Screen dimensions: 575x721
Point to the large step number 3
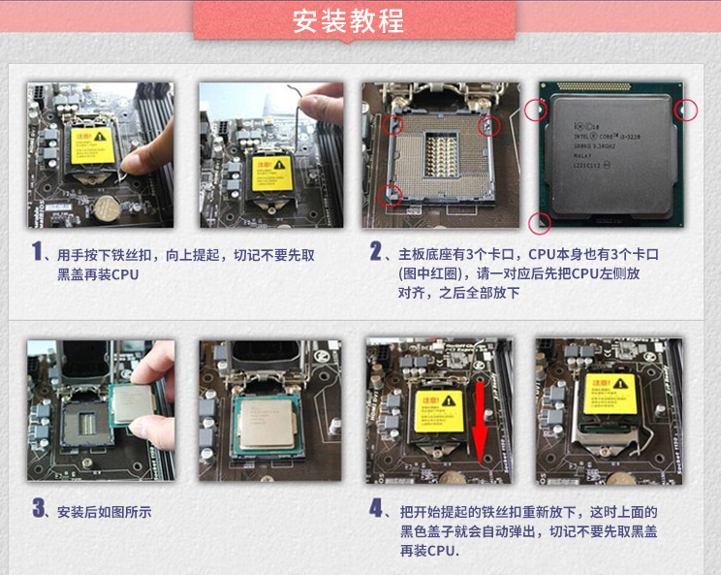(39, 507)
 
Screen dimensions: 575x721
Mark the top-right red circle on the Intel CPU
(686, 110)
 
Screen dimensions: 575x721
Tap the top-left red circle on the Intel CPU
(536, 110)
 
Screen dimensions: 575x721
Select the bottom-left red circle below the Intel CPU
(539, 224)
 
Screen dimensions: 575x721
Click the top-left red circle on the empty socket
(392, 124)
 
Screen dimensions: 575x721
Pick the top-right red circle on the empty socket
(490, 124)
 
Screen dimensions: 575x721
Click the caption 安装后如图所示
(105, 511)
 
